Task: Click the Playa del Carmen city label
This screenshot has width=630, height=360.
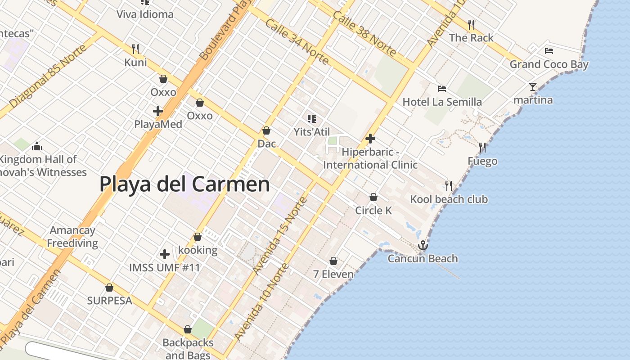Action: coord(184,184)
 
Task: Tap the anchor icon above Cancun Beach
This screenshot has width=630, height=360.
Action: coord(423,245)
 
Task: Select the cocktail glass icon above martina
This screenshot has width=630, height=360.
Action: coord(533,86)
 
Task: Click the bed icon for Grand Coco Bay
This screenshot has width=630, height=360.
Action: coord(549,51)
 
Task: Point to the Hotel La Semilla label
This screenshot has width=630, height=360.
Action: coord(442,102)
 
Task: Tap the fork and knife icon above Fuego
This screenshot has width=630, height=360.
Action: coord(482,147)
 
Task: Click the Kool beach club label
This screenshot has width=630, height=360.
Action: coord(449,199)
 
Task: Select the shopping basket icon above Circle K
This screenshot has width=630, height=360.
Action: coord(373,197)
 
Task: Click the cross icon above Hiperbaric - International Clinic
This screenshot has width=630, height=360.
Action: coord(370,139)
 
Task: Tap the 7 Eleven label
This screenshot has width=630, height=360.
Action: coord(333,274)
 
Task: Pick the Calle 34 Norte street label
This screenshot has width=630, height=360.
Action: coord(297,42)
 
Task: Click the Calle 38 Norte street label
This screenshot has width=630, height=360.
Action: coord(364,34)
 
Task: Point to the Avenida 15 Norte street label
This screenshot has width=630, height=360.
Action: coord(279,235)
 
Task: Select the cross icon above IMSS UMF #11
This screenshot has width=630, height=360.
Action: coord(165,254)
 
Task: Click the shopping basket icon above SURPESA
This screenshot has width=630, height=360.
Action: coord(109,288)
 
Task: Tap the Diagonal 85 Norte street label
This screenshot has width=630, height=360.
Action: coord(48,76)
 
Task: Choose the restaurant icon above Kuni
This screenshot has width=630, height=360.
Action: coord(135,49)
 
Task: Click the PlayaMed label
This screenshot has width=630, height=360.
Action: coord(158,124)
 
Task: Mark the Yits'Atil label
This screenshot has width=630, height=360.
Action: coord(311,132)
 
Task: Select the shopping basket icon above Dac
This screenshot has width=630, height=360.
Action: coord(266,130)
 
